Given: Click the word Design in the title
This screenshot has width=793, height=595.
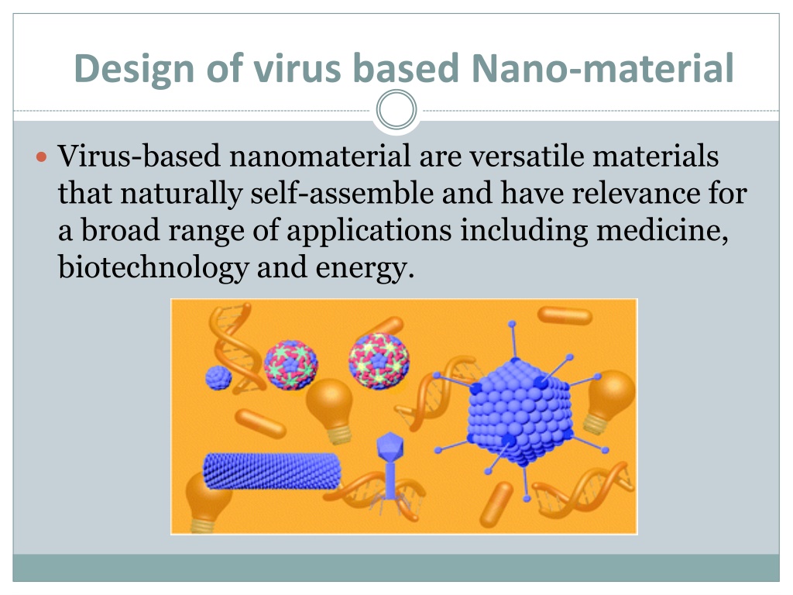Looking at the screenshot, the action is pyautogui.click(x=134, y=69).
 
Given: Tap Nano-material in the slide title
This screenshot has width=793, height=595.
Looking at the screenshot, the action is pyautogui.click(x=602, y=68).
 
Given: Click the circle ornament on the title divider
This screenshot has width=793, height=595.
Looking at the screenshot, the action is pyautogui.click(x=396, y=109).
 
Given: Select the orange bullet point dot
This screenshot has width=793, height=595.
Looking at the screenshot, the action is pyautogui.click(x=42, y=156).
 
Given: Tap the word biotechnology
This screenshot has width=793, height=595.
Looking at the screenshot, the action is pyautogui.click(x=153, y=267).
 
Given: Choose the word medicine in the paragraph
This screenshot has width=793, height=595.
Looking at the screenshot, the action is pyautogui.click(x=662, y=231).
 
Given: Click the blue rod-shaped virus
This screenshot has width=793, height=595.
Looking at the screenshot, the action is pyautogui.click(x=272, y=472).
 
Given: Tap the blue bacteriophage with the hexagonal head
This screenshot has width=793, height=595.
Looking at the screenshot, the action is pyautogui.click(x=390, y=470).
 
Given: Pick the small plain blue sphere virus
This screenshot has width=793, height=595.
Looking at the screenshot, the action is pyautogui.click(x=218, y=377).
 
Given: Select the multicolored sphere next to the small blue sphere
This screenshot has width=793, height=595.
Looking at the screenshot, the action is pyautogui.click(x=291, y=365).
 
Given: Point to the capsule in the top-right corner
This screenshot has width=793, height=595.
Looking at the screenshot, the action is pyautogui.click(x=565, y=316).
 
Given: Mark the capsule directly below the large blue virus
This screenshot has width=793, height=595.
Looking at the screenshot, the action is pyautogui.click(x=496, y=504).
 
